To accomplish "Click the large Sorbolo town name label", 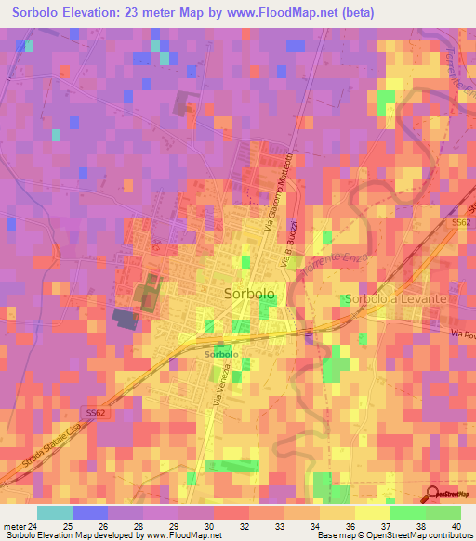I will pyautogui.click(x=249, y=293).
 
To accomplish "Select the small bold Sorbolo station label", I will pyautogui.click(x=221, y=355).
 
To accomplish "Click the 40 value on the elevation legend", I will pyautogui.click(x=456, y=525).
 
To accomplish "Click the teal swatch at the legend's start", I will pyautogui.click(x=54, y=511).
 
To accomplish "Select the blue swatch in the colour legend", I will pyautogui.click(x=89, y=511).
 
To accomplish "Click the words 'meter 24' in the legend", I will pyautogui.click(x=20, y=525).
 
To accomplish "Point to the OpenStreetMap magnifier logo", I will pyautogui.click(x=434, y=495).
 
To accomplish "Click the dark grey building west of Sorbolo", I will pyautogui.click(x=124, y=318).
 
